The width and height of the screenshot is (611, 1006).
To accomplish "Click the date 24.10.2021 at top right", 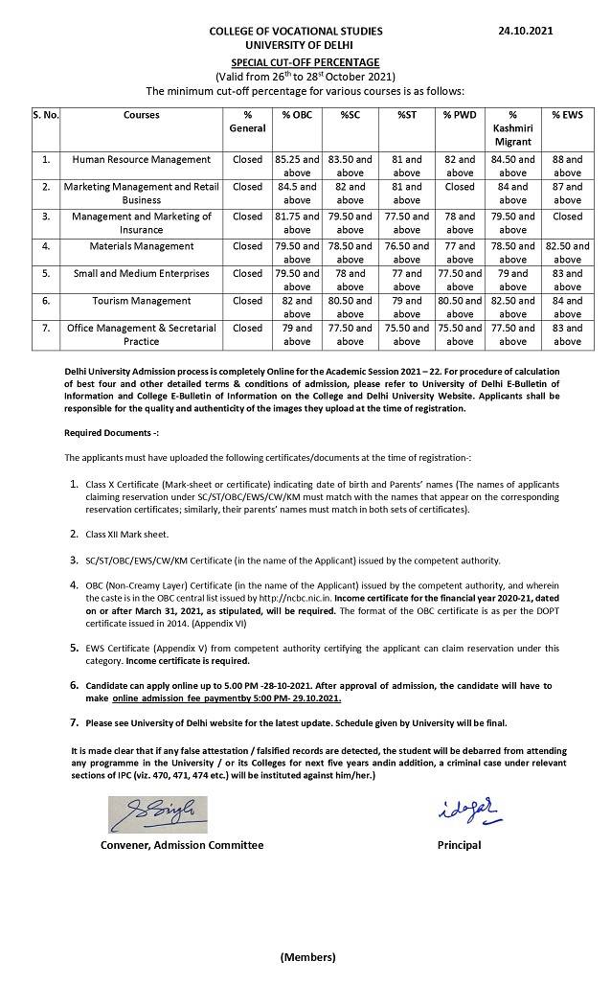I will click(x=526, y=31).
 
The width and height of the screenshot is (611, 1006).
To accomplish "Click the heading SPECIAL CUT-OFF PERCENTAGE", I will click(x=305, y=61).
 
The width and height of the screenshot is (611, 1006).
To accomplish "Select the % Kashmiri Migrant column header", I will click(x=512, y=128).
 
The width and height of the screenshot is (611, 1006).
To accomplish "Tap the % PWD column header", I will click(x=460, y=115).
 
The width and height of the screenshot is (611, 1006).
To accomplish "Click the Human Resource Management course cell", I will click(x=142, y=159).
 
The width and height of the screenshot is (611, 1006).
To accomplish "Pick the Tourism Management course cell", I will click(x=142, y=300).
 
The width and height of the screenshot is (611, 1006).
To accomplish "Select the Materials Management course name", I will click(x=142, y=245).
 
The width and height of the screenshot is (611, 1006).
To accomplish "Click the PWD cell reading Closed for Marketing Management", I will click(x=460, y=188).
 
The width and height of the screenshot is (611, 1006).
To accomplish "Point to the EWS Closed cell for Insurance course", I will click(x=567, y=217).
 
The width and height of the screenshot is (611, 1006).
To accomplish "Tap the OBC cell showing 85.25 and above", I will click(x=297, y=166).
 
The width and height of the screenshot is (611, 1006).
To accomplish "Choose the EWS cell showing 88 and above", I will click(x=567, y=166).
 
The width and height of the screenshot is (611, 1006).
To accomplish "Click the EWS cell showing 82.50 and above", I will click(x=567, y=252).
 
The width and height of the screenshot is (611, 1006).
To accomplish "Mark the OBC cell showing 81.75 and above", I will click(x=297, y=223).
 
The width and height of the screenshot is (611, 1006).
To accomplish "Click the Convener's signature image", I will click(x=157, y=814).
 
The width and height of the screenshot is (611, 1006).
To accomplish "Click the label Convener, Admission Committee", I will click(x=182, y=845).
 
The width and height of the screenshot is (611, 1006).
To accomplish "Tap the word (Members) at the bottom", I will click(x=307, y=957).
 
